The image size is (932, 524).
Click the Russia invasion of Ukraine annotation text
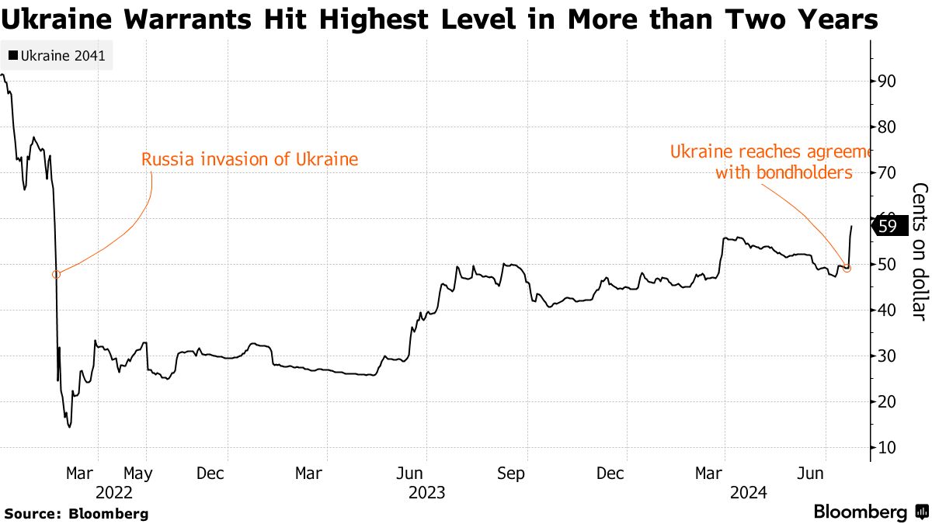click(x=249, y=160)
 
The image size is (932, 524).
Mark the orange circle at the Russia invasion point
click(x=56, y=274)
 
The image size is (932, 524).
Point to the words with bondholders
click(x=784, y=172)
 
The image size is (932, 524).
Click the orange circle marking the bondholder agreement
click(x=847, y=268)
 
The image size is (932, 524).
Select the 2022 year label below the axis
click(x=114, y=492)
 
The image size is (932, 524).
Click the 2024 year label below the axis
click(x=748, y=492)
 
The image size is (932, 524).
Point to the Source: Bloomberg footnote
click(x=76, y=513)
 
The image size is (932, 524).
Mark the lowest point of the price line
click(x=70, y=426)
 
